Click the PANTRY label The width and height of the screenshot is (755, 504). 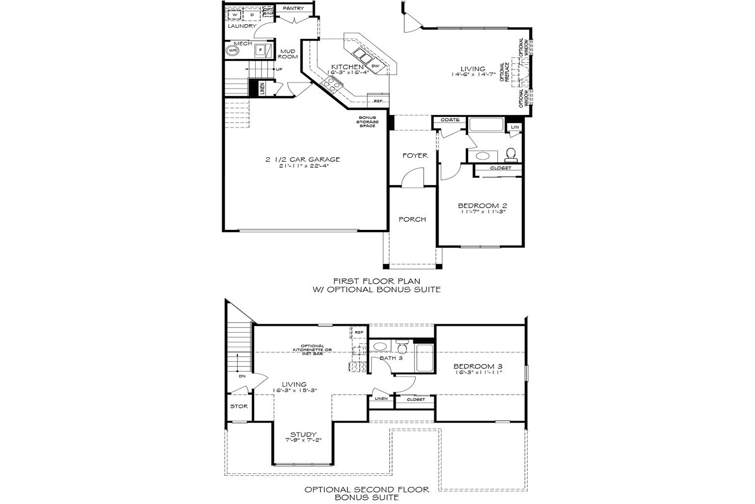click(x=293, y=9)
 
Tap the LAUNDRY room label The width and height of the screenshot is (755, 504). click(x=242, y=26)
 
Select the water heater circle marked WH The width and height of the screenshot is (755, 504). click(x=233, y=50)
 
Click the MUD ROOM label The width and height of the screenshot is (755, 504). click(x=288, y=54)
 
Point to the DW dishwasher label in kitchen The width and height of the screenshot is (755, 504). click(x=375, y=66)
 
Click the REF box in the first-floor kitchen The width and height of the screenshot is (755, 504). click(x=378, y=101)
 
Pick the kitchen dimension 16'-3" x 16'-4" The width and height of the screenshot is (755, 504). click(x=348, y=73)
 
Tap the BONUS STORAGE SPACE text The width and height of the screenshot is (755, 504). click(x=367, y=121)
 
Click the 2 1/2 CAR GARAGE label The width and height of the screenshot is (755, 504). click(x=303, y=160)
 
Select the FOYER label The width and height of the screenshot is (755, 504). click(x=415, y=156)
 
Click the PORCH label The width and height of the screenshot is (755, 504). click(x=412, y=219)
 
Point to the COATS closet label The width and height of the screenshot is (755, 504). click(x=450, y=120)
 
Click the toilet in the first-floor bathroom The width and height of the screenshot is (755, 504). click(x=510, y=153)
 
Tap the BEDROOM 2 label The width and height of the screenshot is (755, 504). click(x=482, y=206)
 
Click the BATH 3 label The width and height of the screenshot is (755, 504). click(x=391, y=358)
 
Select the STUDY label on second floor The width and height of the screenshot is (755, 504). click(x=303, y=434)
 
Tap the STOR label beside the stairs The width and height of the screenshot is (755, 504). click(x=239, y=406)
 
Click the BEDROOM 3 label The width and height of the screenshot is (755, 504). click(x=478, y=366)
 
